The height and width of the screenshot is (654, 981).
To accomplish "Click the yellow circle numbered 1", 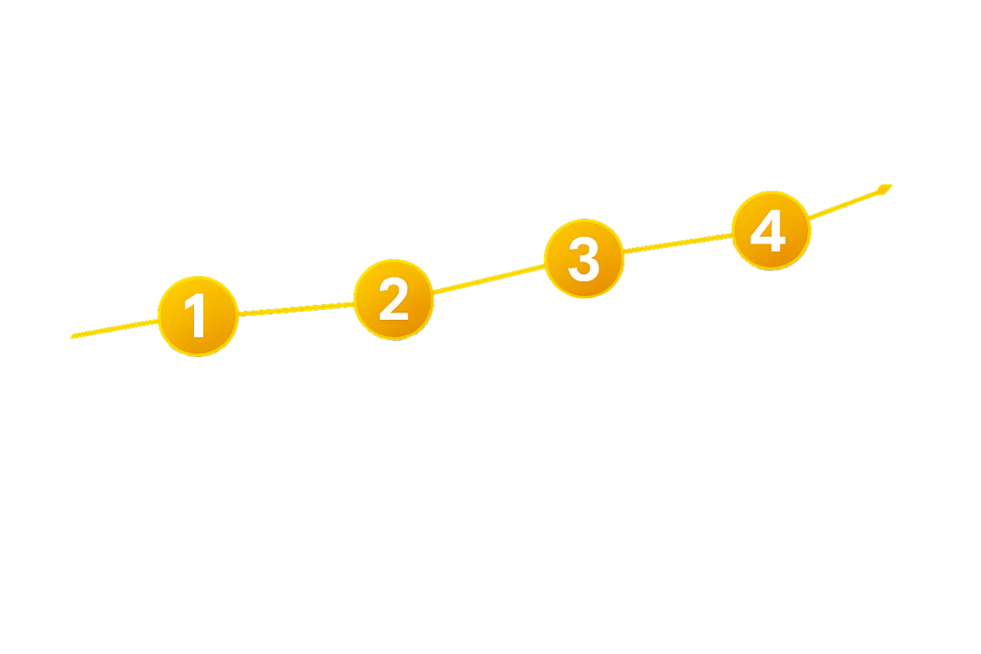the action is tap(198, 315).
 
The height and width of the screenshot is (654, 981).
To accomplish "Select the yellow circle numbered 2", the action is tap(394, 298).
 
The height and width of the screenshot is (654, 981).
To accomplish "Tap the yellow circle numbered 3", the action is tap(584, 258).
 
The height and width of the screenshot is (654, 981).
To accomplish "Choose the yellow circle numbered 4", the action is tap(770, 230).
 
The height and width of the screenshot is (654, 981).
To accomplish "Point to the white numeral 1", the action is tap(196, 315).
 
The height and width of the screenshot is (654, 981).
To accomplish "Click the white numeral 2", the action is tap(394, 299).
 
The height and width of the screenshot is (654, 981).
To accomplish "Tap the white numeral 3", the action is tap(583, 259).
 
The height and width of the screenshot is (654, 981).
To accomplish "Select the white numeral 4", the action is tap(768, 231).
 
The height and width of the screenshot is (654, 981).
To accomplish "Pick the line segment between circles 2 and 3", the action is tap(489, 279).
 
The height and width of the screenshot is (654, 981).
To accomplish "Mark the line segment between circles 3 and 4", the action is tap(678, 243).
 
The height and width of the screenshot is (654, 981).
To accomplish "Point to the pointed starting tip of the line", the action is tap(72, 337).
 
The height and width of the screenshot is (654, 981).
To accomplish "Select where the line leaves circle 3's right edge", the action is tap(623, 251).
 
